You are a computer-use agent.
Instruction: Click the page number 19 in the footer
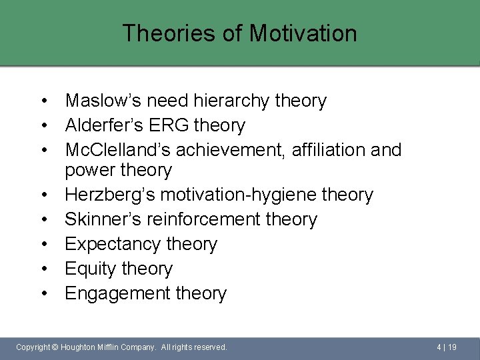click(452, 347)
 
